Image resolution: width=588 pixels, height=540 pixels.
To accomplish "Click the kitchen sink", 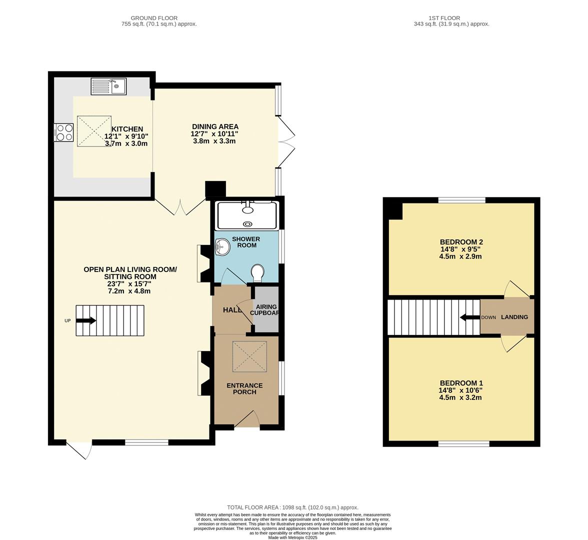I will [108, 86].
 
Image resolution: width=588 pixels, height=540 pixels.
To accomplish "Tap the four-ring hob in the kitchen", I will [64, 132].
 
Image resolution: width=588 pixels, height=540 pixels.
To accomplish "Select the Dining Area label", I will [215, 126].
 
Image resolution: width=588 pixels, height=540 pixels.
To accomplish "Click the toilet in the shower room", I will [258, 272].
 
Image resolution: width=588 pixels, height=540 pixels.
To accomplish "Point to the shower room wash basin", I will [222, 246].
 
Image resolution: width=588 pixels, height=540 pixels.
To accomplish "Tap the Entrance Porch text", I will [244, 388].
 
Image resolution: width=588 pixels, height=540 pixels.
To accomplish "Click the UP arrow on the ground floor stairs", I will [86, 321].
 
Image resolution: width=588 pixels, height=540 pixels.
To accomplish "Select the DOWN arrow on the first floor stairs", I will [469, 317].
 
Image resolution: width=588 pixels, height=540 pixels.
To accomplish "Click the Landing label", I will [514, 317].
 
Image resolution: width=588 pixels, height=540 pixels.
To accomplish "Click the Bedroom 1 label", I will [460, 383].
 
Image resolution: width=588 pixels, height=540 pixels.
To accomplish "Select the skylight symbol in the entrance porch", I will [249, 356].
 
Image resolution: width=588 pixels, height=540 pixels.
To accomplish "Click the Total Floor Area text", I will [292, 507].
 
